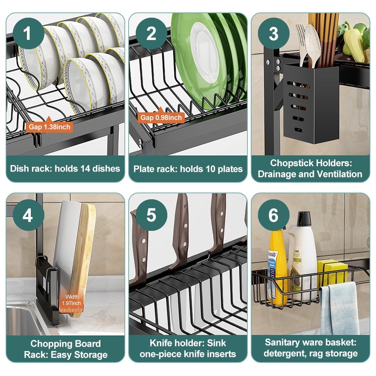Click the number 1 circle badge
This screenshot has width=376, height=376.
pos(27,34)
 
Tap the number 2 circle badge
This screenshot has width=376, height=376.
pos(151,34)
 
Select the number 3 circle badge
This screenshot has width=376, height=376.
pos(273,34)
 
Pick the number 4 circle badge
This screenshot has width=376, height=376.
pos(27,216)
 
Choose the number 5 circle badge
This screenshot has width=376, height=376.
pos(151,216)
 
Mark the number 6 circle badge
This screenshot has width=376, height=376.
pos(273,216)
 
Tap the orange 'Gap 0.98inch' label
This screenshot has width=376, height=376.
pos(161,118)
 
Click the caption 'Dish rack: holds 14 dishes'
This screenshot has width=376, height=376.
pos(65,168)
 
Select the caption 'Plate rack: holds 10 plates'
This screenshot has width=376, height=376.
pos(188,168)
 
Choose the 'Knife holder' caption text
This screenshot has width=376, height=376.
pos(188,343)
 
